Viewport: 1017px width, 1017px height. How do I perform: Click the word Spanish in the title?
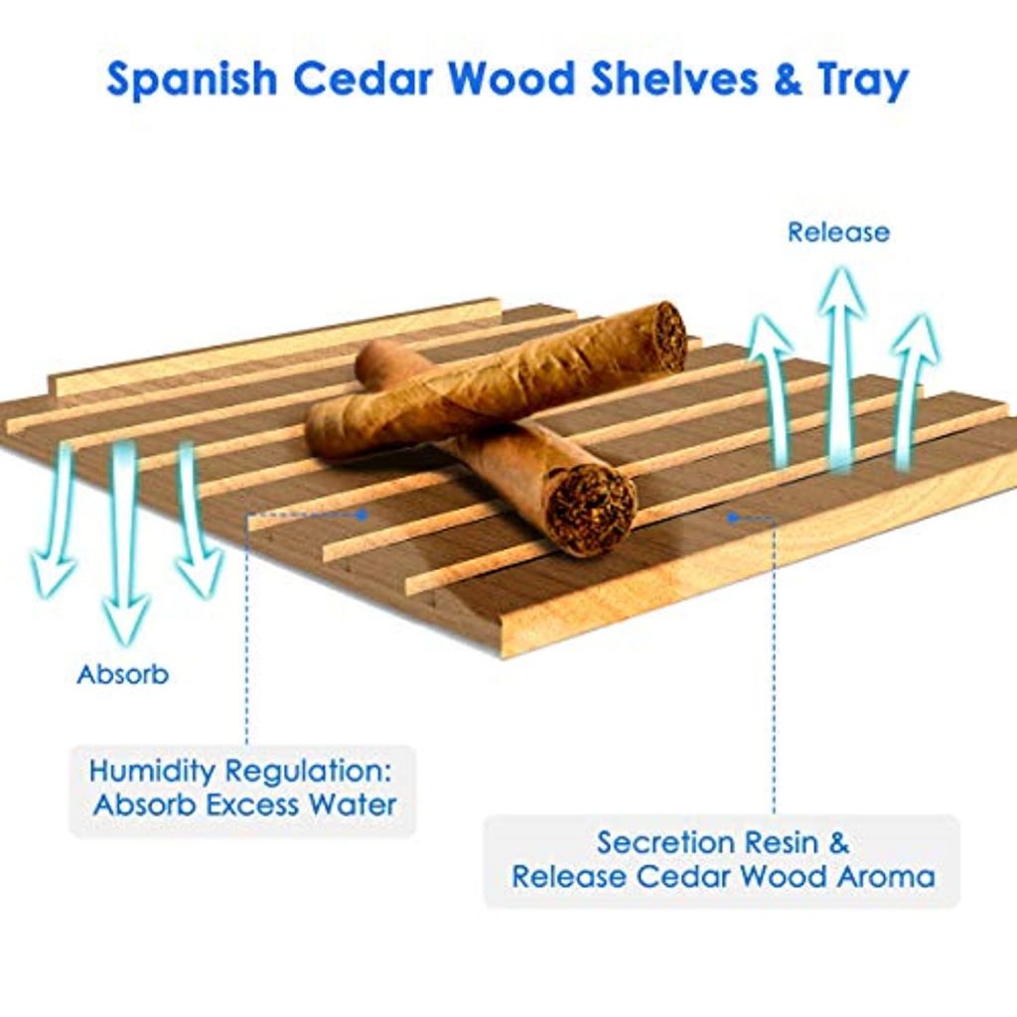pyautogui.click(x=193, y=79)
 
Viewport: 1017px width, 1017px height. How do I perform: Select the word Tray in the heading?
pyautogui.click(x=862, y=80)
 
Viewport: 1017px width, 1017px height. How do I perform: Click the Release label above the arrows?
pyautogui.click(x=838, y=231)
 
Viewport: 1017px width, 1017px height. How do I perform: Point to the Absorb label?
pyautogui.click(x=122, y=674)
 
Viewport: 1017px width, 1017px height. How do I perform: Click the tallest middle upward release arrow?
pyautogui.click(x=841, y=366)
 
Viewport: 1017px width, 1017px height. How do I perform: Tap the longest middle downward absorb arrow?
pyautogui.click(x=124, y=541)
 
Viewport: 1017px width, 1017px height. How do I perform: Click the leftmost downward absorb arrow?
pyautogui.click(x=56, y=518)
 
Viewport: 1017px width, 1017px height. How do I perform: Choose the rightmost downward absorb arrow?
pyautogui.click(x=195, y=518)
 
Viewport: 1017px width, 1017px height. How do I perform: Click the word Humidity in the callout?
pyautogui.click(x=152, y=771)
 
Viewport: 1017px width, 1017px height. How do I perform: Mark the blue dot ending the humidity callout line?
pyautogui.click(x=363, y=514)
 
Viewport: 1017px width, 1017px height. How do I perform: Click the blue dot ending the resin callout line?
pyautogui.click(x=732, y=516)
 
